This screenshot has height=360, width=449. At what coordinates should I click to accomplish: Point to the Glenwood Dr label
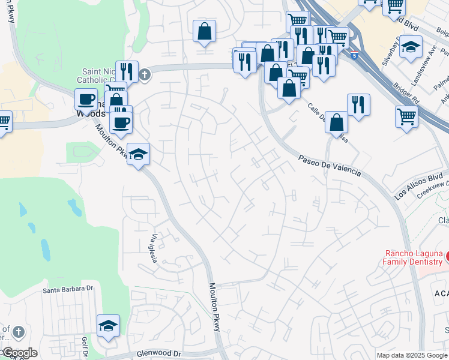[x=158, y=354]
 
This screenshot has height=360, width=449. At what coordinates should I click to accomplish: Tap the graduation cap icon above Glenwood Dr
[x=109, y=325]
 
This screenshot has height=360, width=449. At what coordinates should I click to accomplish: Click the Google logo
[x=19, y=353]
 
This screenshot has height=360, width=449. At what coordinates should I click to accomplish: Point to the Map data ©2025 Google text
[x=412, y=355]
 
